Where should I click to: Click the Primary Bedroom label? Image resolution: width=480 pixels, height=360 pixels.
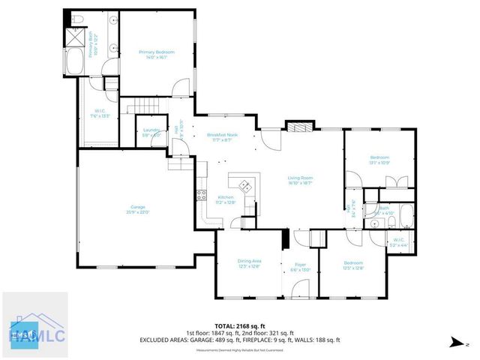157,54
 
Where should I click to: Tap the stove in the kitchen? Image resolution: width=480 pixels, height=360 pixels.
202,196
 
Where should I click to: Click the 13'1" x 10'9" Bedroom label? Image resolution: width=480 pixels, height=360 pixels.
379,160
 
